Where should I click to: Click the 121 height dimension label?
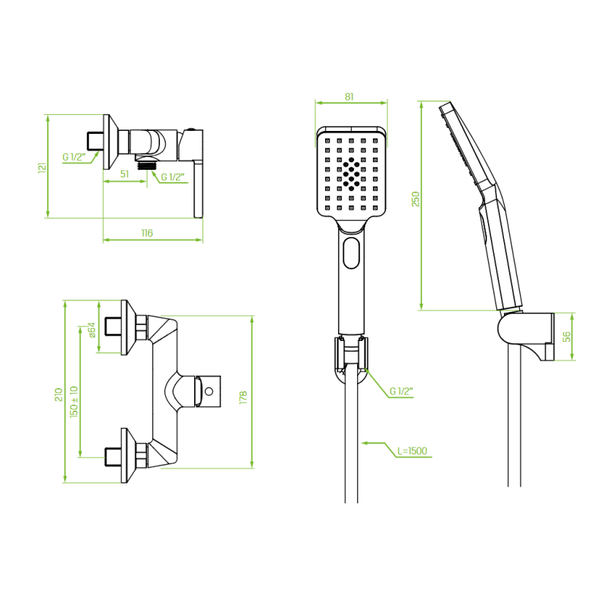tap(43, 167)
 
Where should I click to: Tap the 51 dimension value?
tap(124, 174)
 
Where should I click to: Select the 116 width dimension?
tap(147, 233)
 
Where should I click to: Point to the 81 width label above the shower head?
tap(349, 97)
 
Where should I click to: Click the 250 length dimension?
tap(416, 199)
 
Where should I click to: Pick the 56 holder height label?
tap(567, 336)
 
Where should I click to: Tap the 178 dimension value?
tap(243, 397)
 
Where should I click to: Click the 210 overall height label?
tap(59, 394)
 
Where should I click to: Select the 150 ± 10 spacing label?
tap(74, 402)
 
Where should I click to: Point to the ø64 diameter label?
tap(91, 330)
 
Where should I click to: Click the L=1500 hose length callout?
tap(412, 451)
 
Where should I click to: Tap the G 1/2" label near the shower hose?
tap(400, 391)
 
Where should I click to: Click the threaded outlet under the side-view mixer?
tap(146, 164)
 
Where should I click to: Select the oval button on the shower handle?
tap(352, 253)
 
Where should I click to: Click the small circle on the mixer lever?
tap(209, 391)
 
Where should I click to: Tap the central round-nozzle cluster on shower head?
tap(352, 174)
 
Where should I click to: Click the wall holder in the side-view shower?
tap(526, 336)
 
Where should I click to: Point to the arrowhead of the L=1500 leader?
tap(364, 443)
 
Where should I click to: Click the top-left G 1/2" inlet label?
tap(74, 157)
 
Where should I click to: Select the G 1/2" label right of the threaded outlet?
tap(172, 177)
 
